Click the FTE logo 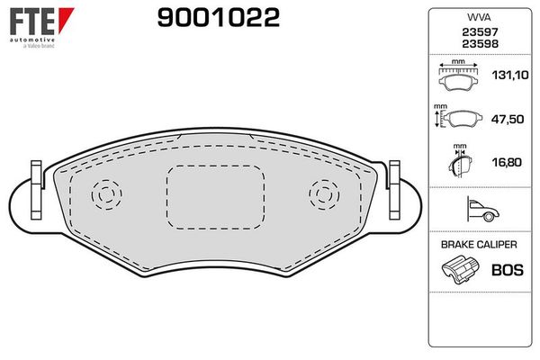click(34, 24)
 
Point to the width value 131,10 click(508, 77)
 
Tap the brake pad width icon click(459, 77)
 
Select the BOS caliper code click(507, 269)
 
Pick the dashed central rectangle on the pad click(214, 201)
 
